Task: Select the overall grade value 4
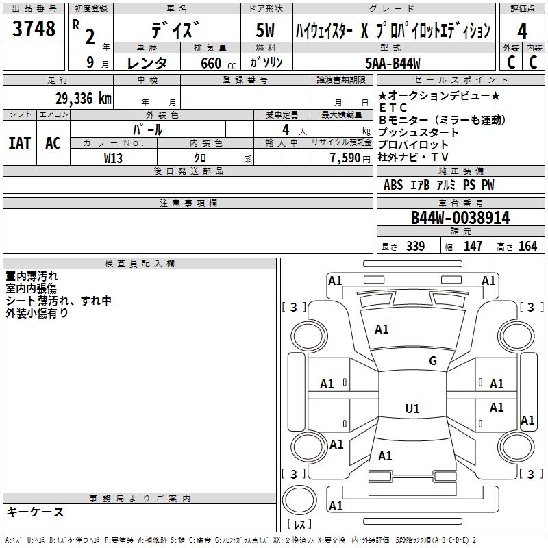tap(522, 32)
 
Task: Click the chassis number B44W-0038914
tap(460, 218)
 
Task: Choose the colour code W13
tap(114, 158)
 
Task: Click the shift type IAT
tap(19, 143)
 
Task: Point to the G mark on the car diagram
tap(432, 361)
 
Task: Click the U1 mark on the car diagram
tap(412, 409)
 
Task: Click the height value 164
tap(527, 246)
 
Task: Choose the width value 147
tap(473, 246)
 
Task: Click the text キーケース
tap(36, 512)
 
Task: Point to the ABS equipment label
tap(393, 185)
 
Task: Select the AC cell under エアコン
tap(53, 143)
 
